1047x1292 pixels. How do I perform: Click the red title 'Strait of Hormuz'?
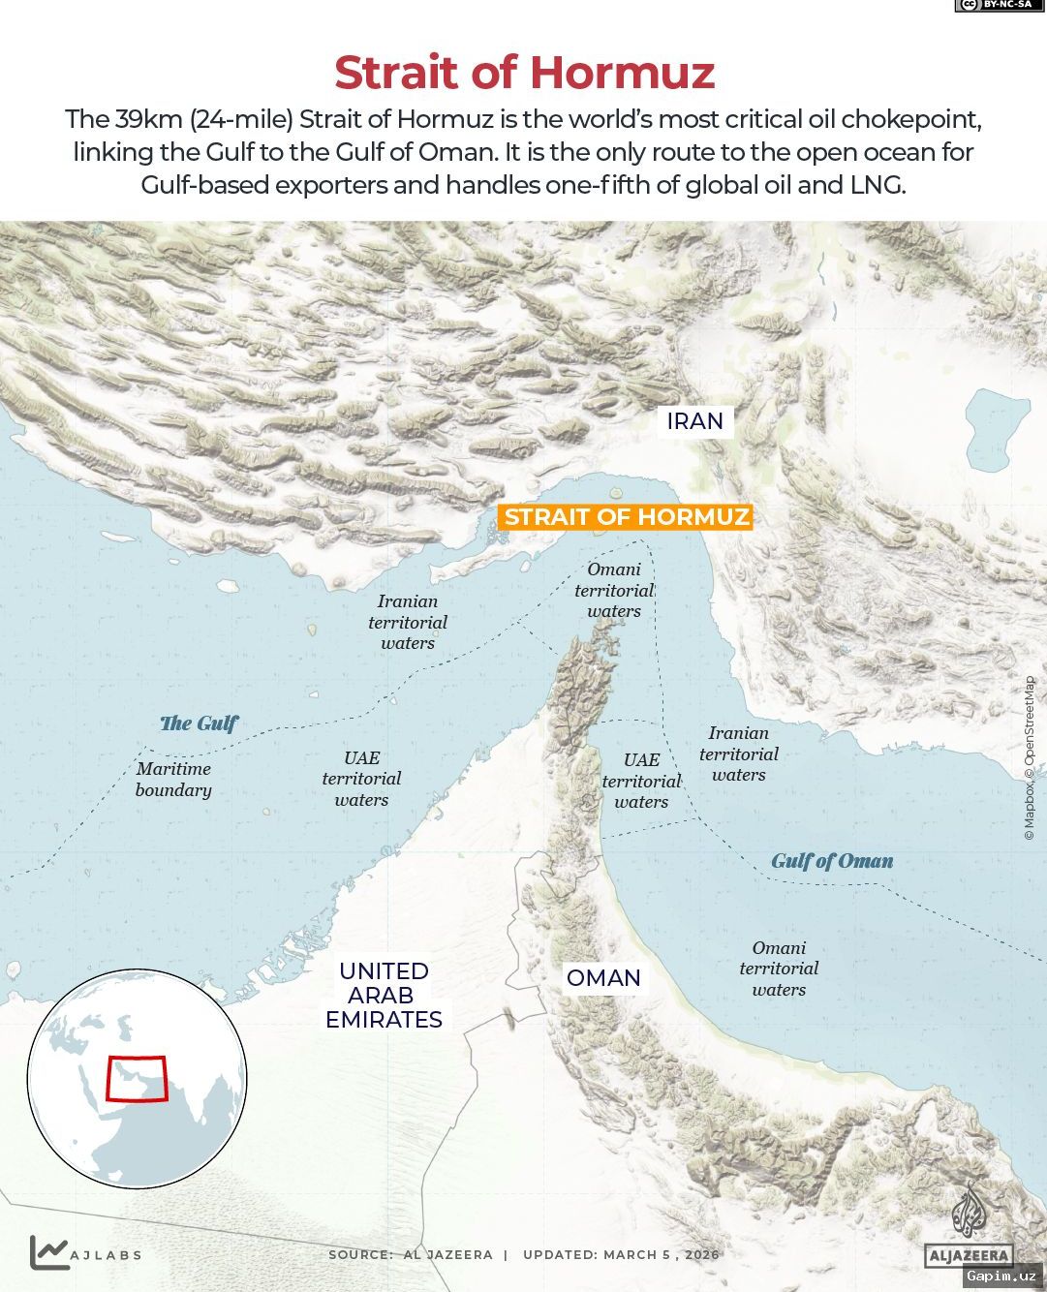click(x=524, y=73)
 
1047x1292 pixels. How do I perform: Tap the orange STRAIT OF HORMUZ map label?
click(x=627, y=516)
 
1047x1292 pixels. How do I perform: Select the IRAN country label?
click(x=694, y=421)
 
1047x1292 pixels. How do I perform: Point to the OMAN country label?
click(x=603, y=978)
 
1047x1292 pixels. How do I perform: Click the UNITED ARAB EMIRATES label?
click(x=384, y=995)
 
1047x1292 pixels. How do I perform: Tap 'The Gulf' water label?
click(x=199, y=723)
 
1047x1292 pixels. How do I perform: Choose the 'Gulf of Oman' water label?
click(x=832, y=861)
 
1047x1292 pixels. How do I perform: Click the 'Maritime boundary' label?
click(x=173, y=780)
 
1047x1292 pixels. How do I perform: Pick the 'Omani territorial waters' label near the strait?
click(x=614, y=591)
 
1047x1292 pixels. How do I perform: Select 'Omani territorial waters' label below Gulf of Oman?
click(x=779, y=969)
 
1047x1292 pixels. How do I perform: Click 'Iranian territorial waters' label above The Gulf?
click(x=408, y=622)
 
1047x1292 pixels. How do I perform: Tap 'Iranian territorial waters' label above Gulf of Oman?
click(x=739, y=754)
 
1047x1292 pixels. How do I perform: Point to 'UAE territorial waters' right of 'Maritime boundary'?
click(x=361, y=779)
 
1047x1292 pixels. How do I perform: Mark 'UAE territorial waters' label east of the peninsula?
click(x=641, y=781)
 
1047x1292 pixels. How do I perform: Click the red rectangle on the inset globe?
click(x=137, y=1078)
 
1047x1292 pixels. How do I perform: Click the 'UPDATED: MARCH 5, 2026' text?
click(x=621, y=1254)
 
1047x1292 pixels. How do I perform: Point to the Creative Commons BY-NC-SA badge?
click(x=994, y=6)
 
